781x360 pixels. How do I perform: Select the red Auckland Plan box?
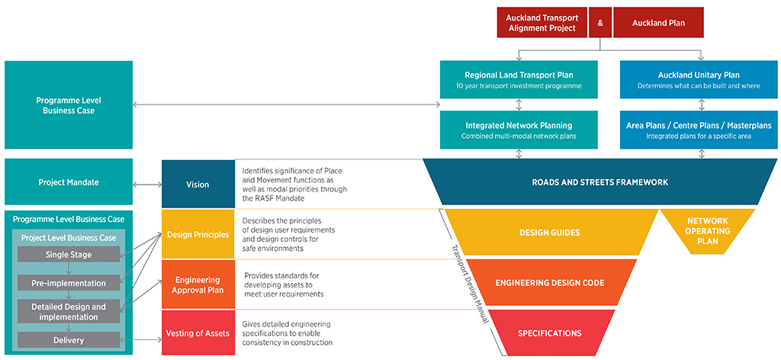pyautogui.click(x=658, y=23)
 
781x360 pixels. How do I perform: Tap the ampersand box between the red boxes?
pyautogui.click(x=600, y=23)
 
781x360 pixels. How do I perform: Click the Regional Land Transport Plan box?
pyautogui.click(x=519, y=80)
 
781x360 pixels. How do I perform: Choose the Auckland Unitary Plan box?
pyautogui.click(x=699, y=80)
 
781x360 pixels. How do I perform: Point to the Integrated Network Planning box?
pyautogui.click(x=519, y=130)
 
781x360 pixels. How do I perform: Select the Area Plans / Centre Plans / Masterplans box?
pyautogui.click(x=699, y=130)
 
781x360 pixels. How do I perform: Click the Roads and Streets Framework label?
pyautogui.click(x=599, y=182)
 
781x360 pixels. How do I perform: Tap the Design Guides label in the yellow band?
pyautogui.click(x=549, y=232)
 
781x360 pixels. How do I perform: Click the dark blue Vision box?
pyautogui.click(x=198, y=184)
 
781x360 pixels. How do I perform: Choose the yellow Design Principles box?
pyautogui.click(x=198, y=234)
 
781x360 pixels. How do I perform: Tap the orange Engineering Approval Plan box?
pyautogui.click(x=198, y=284)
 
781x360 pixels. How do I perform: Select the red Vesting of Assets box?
pyautogui.click(x=198, y=333)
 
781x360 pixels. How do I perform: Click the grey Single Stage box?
pyautogui.click(x=69, y=254)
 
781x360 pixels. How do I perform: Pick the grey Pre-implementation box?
pyautogui.click(x=69, y=282)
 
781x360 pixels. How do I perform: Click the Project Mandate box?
pyautogui.click(x=69, y=182)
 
